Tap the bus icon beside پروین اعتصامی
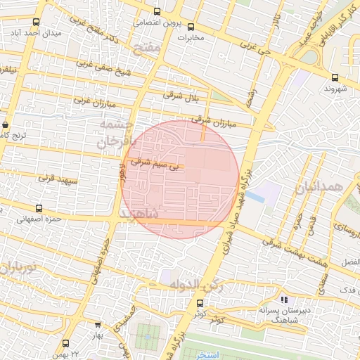(x=156, y=12)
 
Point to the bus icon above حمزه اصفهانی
(x=38, y=208)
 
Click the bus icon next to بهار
(x=96, y=326)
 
